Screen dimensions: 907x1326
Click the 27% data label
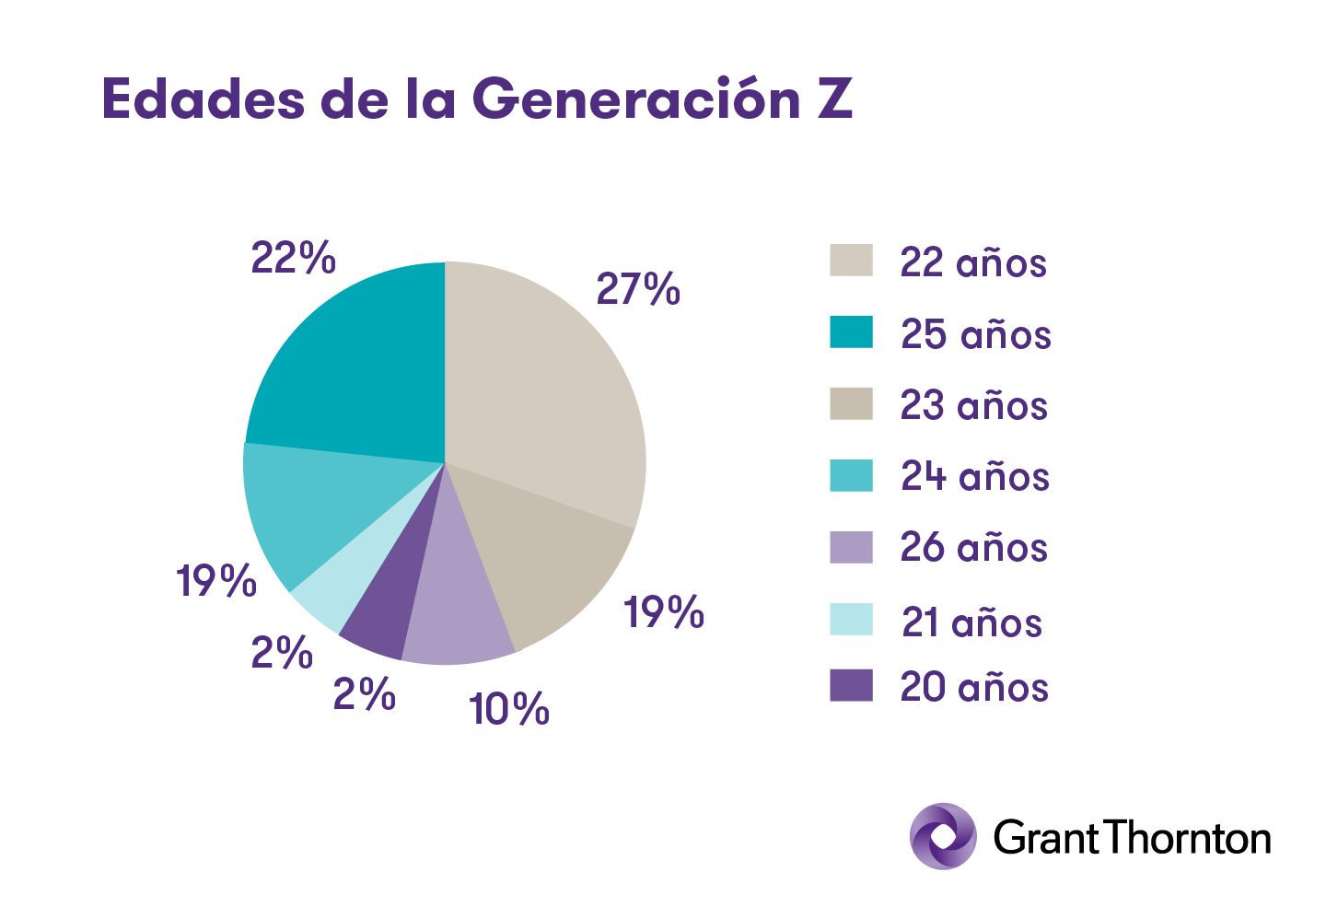(x=637, y=289)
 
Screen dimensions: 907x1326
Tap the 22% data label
(x=293, y=258)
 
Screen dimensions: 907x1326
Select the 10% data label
(x=508, y=709)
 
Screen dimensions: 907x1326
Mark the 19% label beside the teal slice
(x=216, y=581)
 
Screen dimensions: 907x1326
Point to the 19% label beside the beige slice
(x=664, y=612)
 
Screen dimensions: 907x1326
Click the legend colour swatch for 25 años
(x=851, y=331)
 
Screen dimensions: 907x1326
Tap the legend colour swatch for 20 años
(x=851, y=685)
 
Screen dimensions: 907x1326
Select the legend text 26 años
(x=973, y=548)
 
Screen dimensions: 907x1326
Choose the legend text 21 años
(x=971, y=622)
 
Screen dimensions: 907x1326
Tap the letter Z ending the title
(x=835, y=99)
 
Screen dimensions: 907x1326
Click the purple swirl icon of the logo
(x=943, y=836)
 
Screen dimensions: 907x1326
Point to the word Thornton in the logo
(x=1187, y=838)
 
